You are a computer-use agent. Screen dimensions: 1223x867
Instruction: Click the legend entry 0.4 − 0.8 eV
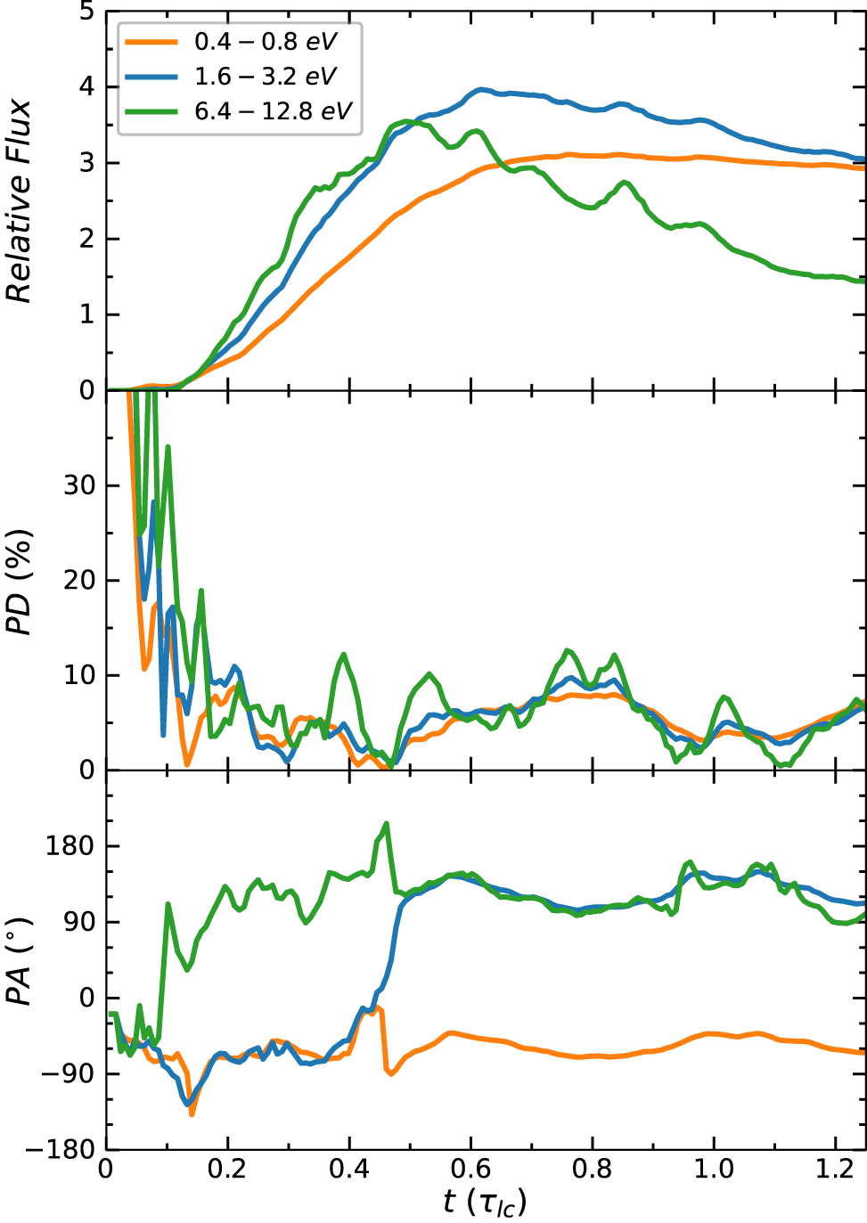click(265, 42)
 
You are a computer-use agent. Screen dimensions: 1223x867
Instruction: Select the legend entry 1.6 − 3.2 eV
click(265, 77)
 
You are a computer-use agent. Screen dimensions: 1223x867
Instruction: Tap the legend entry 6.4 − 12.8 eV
click(273, 111)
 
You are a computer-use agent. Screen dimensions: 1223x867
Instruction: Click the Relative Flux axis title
click(20, 201)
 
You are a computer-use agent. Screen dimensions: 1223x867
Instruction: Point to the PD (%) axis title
click(20, 581)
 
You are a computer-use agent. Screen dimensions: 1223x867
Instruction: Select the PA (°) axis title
click(20, 960)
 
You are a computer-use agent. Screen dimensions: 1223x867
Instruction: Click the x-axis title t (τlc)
click(485, 1203)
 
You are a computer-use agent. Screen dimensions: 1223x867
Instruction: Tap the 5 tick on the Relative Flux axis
click(86, 12)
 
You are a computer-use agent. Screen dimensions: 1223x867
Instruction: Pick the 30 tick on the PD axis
click(78, 486)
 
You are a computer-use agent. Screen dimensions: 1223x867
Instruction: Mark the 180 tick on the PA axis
click(70, 846)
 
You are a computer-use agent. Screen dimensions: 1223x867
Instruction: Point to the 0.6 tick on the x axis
click(470, 1168)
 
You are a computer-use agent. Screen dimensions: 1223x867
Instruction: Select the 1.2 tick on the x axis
click(835, 1168)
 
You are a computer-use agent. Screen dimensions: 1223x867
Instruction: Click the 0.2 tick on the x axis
click(227, 1168)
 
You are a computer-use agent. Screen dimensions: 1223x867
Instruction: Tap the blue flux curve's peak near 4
click(482, 89)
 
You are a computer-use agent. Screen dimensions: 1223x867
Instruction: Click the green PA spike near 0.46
click(387, 824)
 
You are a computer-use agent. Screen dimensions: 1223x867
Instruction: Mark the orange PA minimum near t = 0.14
click(192, 1113)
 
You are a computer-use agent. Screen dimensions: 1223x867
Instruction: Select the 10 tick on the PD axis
click(78, 675)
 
